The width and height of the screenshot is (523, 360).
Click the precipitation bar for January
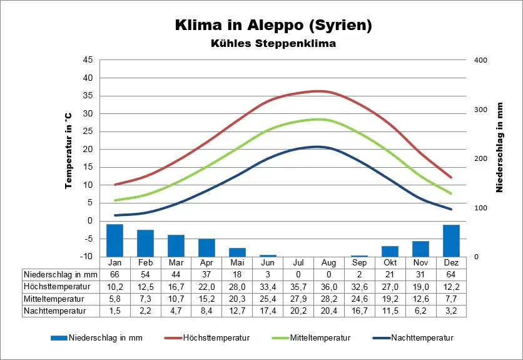point(114,240)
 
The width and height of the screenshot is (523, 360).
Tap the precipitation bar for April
point(206,248)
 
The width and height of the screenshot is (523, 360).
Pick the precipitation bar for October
point(390,252)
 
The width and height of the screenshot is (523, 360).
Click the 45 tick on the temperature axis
point(88,60)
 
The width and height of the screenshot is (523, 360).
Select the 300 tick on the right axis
point(480,110)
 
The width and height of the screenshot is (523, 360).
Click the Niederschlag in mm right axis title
point(500,148)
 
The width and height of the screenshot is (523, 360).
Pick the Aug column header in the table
point(328,262)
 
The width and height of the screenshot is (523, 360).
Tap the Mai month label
point(237,262)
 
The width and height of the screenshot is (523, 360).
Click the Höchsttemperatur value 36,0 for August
point(328,287)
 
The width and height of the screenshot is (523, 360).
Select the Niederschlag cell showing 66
point(114,274)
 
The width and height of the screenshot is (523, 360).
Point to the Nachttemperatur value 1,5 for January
point(114,311)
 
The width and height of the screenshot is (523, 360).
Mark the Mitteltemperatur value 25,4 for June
point(268,299)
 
